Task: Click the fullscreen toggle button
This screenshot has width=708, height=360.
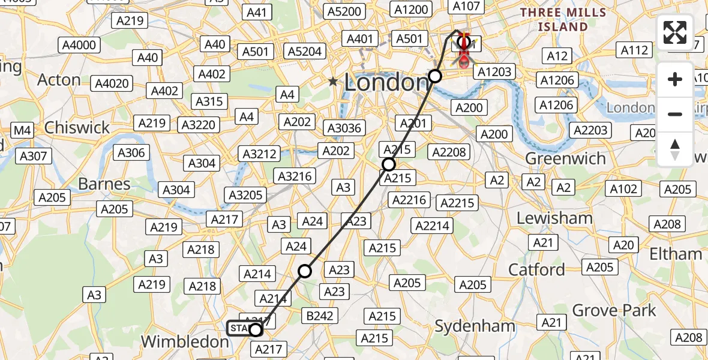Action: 675,32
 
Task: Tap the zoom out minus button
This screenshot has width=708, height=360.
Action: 675,114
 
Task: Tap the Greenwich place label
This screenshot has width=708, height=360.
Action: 565,158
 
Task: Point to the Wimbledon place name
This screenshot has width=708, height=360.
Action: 185,341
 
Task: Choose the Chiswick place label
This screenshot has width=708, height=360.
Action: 77,127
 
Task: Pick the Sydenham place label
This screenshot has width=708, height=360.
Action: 475,326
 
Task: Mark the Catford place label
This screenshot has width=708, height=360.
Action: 536,269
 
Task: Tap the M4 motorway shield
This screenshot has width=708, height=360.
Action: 23,130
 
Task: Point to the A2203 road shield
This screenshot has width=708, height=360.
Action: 590,130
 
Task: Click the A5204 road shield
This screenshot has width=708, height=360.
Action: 304,52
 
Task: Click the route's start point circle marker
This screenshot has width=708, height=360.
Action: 256,329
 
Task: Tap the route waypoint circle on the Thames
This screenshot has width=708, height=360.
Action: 435,76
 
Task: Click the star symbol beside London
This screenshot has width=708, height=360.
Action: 333,82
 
